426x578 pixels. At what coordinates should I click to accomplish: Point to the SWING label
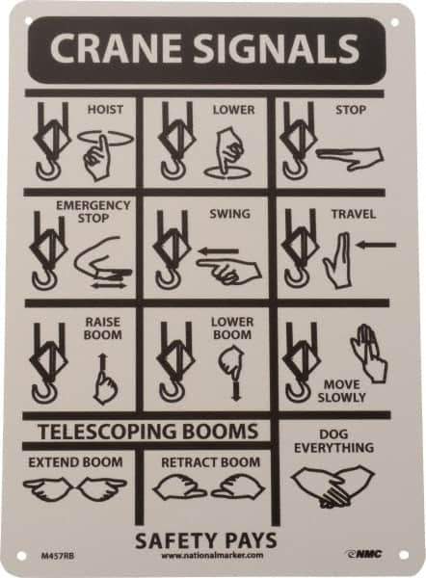(228, 213)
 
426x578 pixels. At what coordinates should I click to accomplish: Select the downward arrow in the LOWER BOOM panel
(233, 390)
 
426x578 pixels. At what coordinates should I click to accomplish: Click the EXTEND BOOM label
(75, 462)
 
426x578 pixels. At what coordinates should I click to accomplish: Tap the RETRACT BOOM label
(210, 462)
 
